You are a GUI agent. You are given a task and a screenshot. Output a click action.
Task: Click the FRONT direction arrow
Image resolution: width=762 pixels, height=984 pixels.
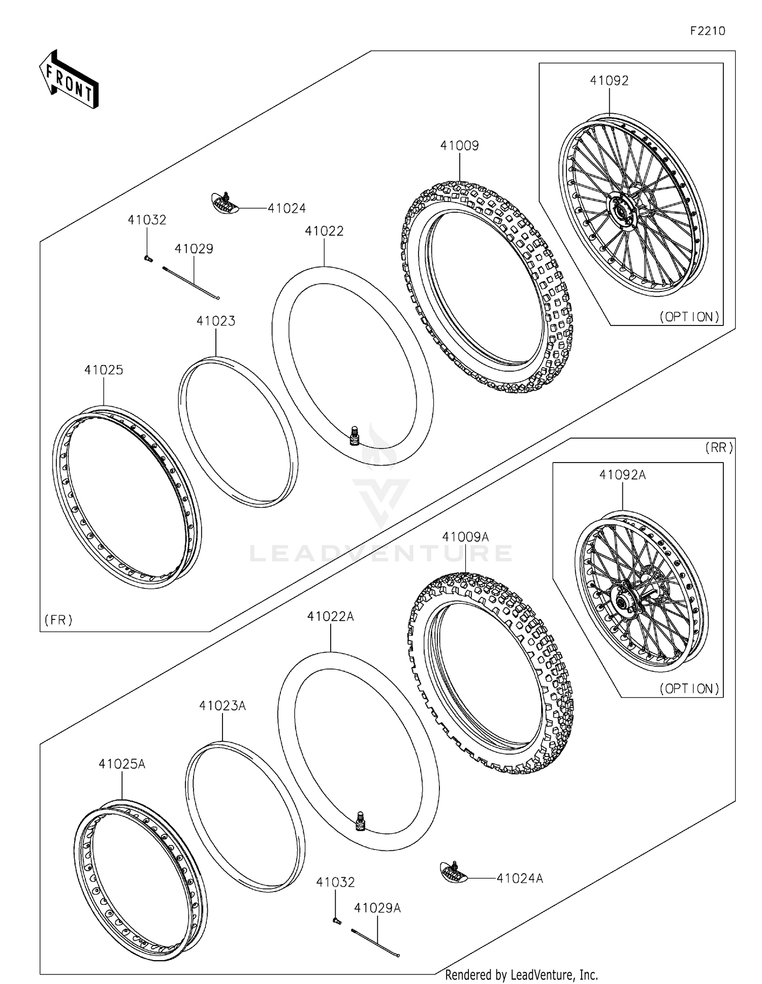(x=69, y=80)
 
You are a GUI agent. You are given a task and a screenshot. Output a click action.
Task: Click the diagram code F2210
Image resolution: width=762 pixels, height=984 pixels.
(x=707, y=31)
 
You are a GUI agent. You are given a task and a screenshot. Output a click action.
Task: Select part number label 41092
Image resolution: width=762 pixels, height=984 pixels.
(x=609, y=81)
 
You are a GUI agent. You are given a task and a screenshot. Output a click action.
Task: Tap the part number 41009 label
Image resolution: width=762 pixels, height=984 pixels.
(x=459, y=146)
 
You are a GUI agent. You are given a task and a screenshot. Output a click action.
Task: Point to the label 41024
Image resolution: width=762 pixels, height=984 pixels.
(x=287, y=208)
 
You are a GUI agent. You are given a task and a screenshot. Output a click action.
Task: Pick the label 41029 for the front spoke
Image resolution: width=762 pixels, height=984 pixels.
(x=194, y=249)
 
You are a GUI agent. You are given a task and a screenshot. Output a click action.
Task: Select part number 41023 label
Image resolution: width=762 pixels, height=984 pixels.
(x=216, y=321)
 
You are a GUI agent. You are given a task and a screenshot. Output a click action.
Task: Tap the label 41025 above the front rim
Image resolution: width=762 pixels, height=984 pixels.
(x=104, y=370)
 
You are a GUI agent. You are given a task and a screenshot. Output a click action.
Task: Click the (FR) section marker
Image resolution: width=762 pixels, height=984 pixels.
(x=58, y=620)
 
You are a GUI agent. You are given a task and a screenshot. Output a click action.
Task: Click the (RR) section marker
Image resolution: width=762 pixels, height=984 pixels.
(x=719, y=448)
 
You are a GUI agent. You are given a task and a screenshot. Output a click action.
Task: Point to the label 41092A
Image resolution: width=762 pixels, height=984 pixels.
(x=622, y=475)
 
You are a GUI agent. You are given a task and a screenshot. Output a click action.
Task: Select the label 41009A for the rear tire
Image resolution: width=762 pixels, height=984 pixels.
(x=465, y=537)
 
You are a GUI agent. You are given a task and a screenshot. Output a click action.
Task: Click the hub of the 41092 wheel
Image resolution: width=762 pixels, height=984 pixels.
(x=620, y=209)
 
